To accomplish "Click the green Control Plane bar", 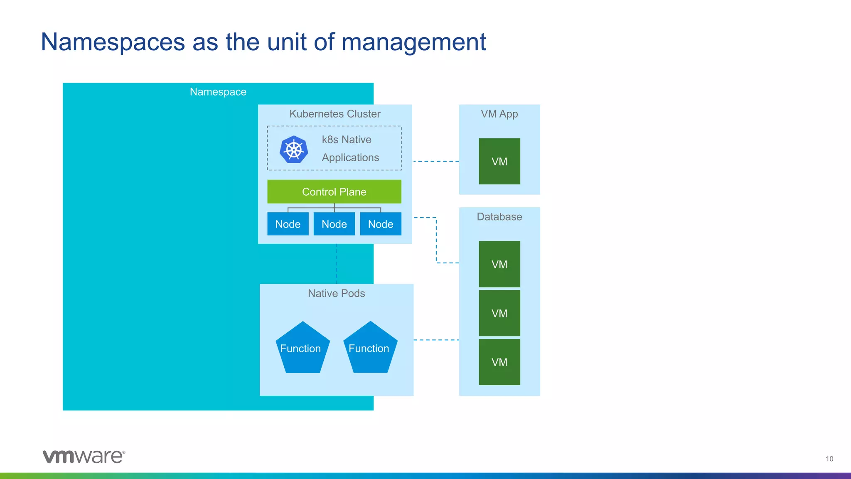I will tap(334, 192).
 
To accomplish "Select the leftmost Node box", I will tap(288, 224).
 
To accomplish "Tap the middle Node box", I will tap(334, 224).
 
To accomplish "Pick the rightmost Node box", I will tap(381, 224).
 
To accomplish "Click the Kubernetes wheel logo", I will tap(294, 149).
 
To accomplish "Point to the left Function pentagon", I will tap(302, 349).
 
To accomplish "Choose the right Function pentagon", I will tap(370, 349).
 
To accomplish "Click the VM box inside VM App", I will tap(499, 161).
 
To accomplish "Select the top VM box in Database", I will tap(499, 264).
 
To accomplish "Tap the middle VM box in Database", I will tap(499, 313).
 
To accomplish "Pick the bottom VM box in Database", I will tap(499, 362).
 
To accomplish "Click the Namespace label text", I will tap(218, 92).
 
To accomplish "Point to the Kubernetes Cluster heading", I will tap(334, 114).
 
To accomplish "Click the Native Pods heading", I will tap(336, 293).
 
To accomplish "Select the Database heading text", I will tap(499, 217).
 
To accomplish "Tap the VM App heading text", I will tap(499, 114).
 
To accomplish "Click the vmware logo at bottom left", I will tap(84, 456).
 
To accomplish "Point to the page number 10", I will tap(829, 459).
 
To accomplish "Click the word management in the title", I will tap(413, 42).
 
